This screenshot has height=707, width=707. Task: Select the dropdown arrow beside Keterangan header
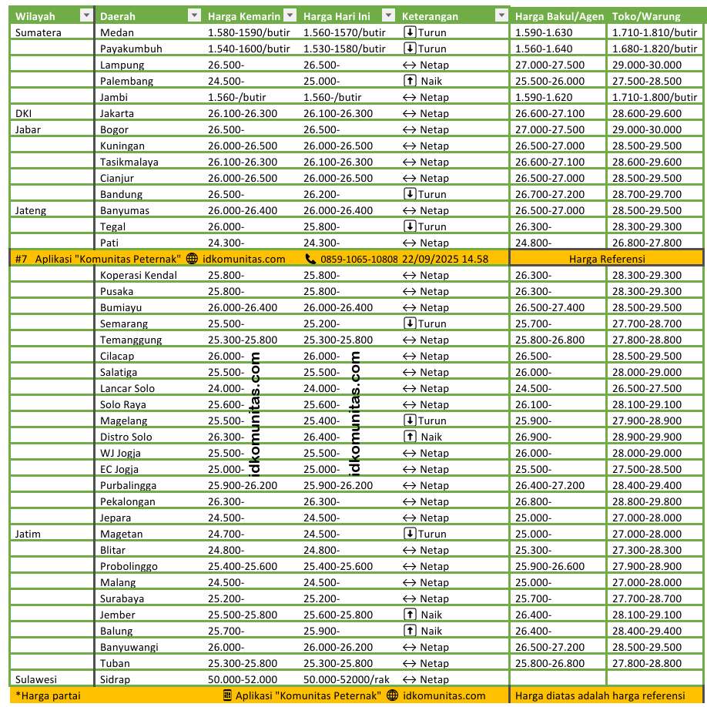pyautogui.click(x=501, y=15)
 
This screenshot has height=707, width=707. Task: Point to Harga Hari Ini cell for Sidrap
pyautogui.click(x=347, y=679)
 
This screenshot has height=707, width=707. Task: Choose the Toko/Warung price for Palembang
pyautogui.click(x=646, y=81)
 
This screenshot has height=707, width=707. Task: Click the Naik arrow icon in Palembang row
pyautogui.click(x=410, y=81)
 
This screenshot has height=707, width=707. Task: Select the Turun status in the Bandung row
pyautogui.click(x=425, y=194)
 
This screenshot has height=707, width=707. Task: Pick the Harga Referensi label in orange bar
pyautogui.click(x=607, y=259)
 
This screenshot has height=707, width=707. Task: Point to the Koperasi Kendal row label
pyautogui.click(x=139, y=275)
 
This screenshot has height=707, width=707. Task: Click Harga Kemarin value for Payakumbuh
pyautogui.click(x=249, y=49)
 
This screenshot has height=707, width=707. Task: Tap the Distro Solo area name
pyautogui.click(x=126, y=437)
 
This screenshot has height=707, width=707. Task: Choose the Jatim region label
pyautogui.click(x=29, y=534)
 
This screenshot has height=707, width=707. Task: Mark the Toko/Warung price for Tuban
pyautogui.click(x=646, y=663)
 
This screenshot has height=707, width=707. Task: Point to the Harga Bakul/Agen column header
pyautogui.click(x=559, y=16)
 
